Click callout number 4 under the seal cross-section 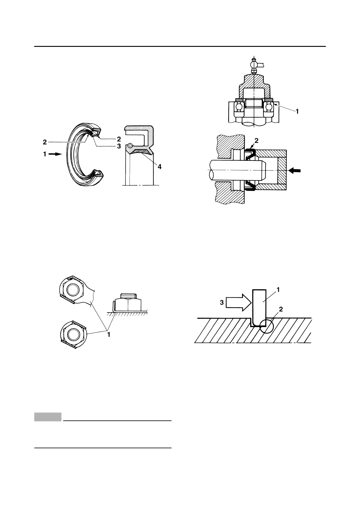pos(159,166)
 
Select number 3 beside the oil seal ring pos(119,146)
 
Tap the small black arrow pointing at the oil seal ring pos(55,154)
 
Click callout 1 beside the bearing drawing pos(297,112)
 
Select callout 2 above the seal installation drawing pos(257,141)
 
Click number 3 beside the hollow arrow pos(222,302)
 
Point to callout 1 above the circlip pos(278,290)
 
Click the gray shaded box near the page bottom pos(48,417)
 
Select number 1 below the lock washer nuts pos(109,335)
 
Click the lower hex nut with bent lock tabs pos(73,334)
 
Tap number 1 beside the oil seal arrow pos(45,154)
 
